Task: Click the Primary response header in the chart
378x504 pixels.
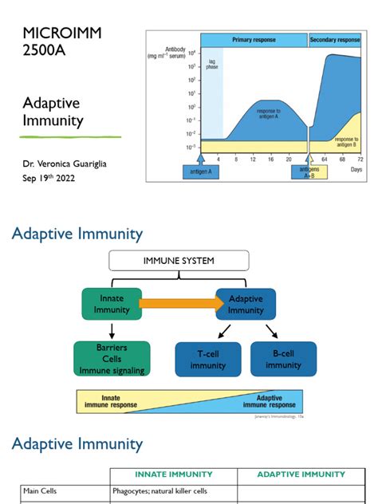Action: point(254,39)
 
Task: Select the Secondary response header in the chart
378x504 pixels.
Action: point(334,39)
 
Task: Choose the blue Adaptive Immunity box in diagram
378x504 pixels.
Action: point(245,305)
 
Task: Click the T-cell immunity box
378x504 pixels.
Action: point(207,360)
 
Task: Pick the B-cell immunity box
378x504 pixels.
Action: point(283,360)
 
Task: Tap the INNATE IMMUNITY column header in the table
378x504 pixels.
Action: point(171,474)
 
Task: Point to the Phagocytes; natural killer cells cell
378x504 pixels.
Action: point(163,492)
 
